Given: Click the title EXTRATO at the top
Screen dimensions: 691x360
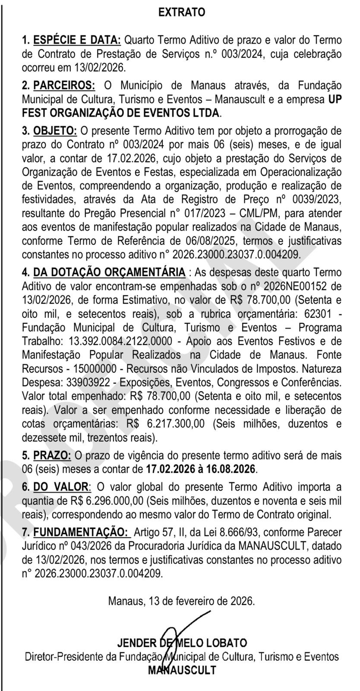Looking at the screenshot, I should pyautogui.click(x=182, y=13).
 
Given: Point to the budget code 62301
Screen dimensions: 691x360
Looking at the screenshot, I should pyautogui.click(x=317, y=314).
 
